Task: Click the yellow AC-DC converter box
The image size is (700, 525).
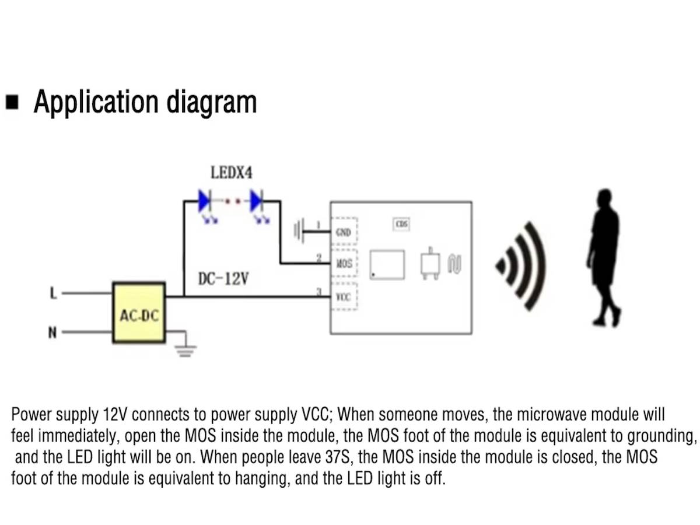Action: tap(139, 311)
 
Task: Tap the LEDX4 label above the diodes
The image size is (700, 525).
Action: tap(232, 173)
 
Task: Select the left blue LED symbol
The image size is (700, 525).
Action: tap(205, 201)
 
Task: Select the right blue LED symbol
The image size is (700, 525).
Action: tap(257, 201)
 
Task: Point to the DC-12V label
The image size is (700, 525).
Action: tap(223, 279)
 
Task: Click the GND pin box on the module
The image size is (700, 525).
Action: tap(344, 232)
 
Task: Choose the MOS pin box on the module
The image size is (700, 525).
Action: tap(344, 264)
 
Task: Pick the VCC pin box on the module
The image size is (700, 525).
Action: tap(344, 296)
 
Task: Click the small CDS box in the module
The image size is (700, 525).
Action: tap(401, 224)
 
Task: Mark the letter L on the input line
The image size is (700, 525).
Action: tap(53, 293)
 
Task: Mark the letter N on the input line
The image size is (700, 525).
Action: tap(52, 333)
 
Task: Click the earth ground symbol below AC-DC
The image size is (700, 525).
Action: tap(185, 349)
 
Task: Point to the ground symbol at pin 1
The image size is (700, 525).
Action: tap(299, 231)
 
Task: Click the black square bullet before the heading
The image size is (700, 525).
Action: tap(12, 103)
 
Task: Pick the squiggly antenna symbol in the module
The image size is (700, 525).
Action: tap(454, 264)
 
